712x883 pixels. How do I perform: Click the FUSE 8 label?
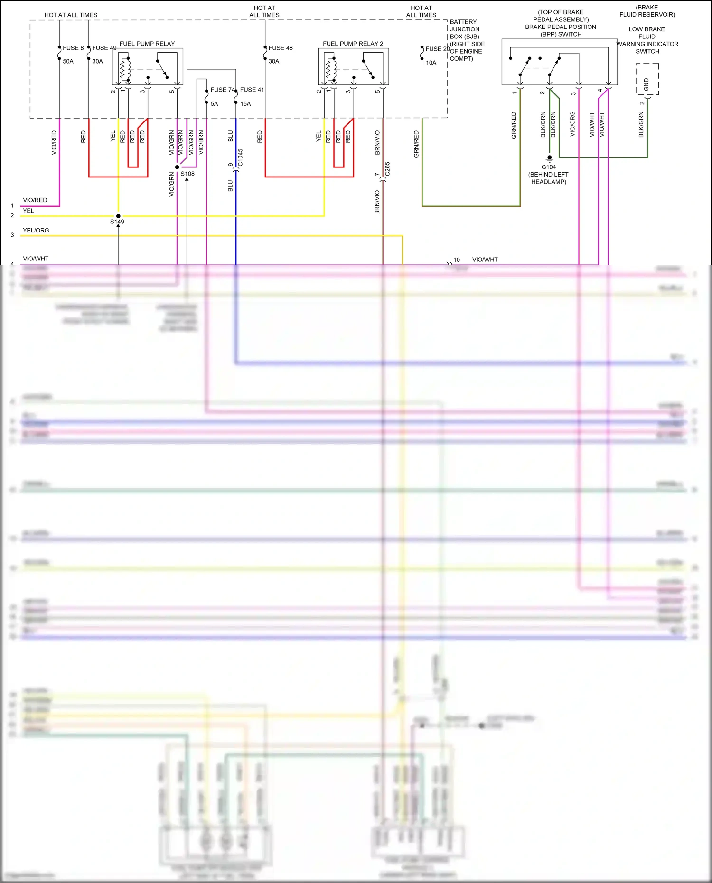click(x=73, y=48)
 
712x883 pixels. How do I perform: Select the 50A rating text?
click(x=68, y=61)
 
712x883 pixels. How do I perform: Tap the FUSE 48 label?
click(x=281, y=48)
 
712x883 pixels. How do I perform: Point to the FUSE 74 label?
click(x=222, y=90)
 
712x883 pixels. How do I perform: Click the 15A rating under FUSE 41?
click(x=245, y=104)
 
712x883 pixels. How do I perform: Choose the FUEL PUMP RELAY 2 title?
click(x=353, y=44)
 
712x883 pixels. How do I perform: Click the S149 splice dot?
click(x=118, y=216)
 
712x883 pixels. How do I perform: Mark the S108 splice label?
click(x=187, y=174)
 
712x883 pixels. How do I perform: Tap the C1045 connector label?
click(x=240, y=158)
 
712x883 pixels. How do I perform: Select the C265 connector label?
click(x=387, y=169)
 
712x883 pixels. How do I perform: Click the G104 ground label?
click(x=549, y=167)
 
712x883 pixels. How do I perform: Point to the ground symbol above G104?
click(x=549, y=158)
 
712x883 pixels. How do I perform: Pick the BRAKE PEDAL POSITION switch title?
click(x=561, y=27)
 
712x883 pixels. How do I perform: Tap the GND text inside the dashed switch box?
click(x=646, y=84)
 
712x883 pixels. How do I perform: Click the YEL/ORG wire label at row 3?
click(x=36, y=231)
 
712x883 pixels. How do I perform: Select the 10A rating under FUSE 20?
click(x=431, y=63)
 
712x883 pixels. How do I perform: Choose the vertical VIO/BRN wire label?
click(x=201, y=142)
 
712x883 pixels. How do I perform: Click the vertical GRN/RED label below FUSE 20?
click(x=416, y=144)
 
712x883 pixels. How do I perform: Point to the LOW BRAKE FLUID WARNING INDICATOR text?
click(x=647, y=40)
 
